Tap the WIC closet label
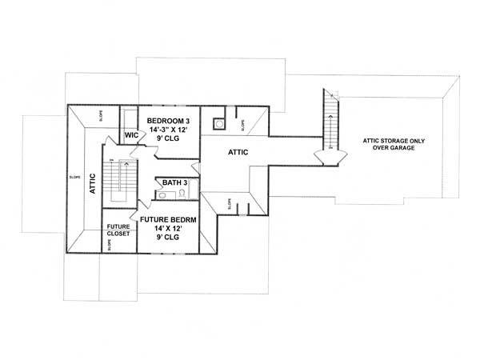click(x=131, y=135)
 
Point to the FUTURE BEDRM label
click(x=169, y=218)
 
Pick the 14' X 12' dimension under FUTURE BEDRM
click(x=169, y=228)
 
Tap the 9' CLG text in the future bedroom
click(x=169, y=238)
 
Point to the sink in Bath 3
click(x=162, y=194)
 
